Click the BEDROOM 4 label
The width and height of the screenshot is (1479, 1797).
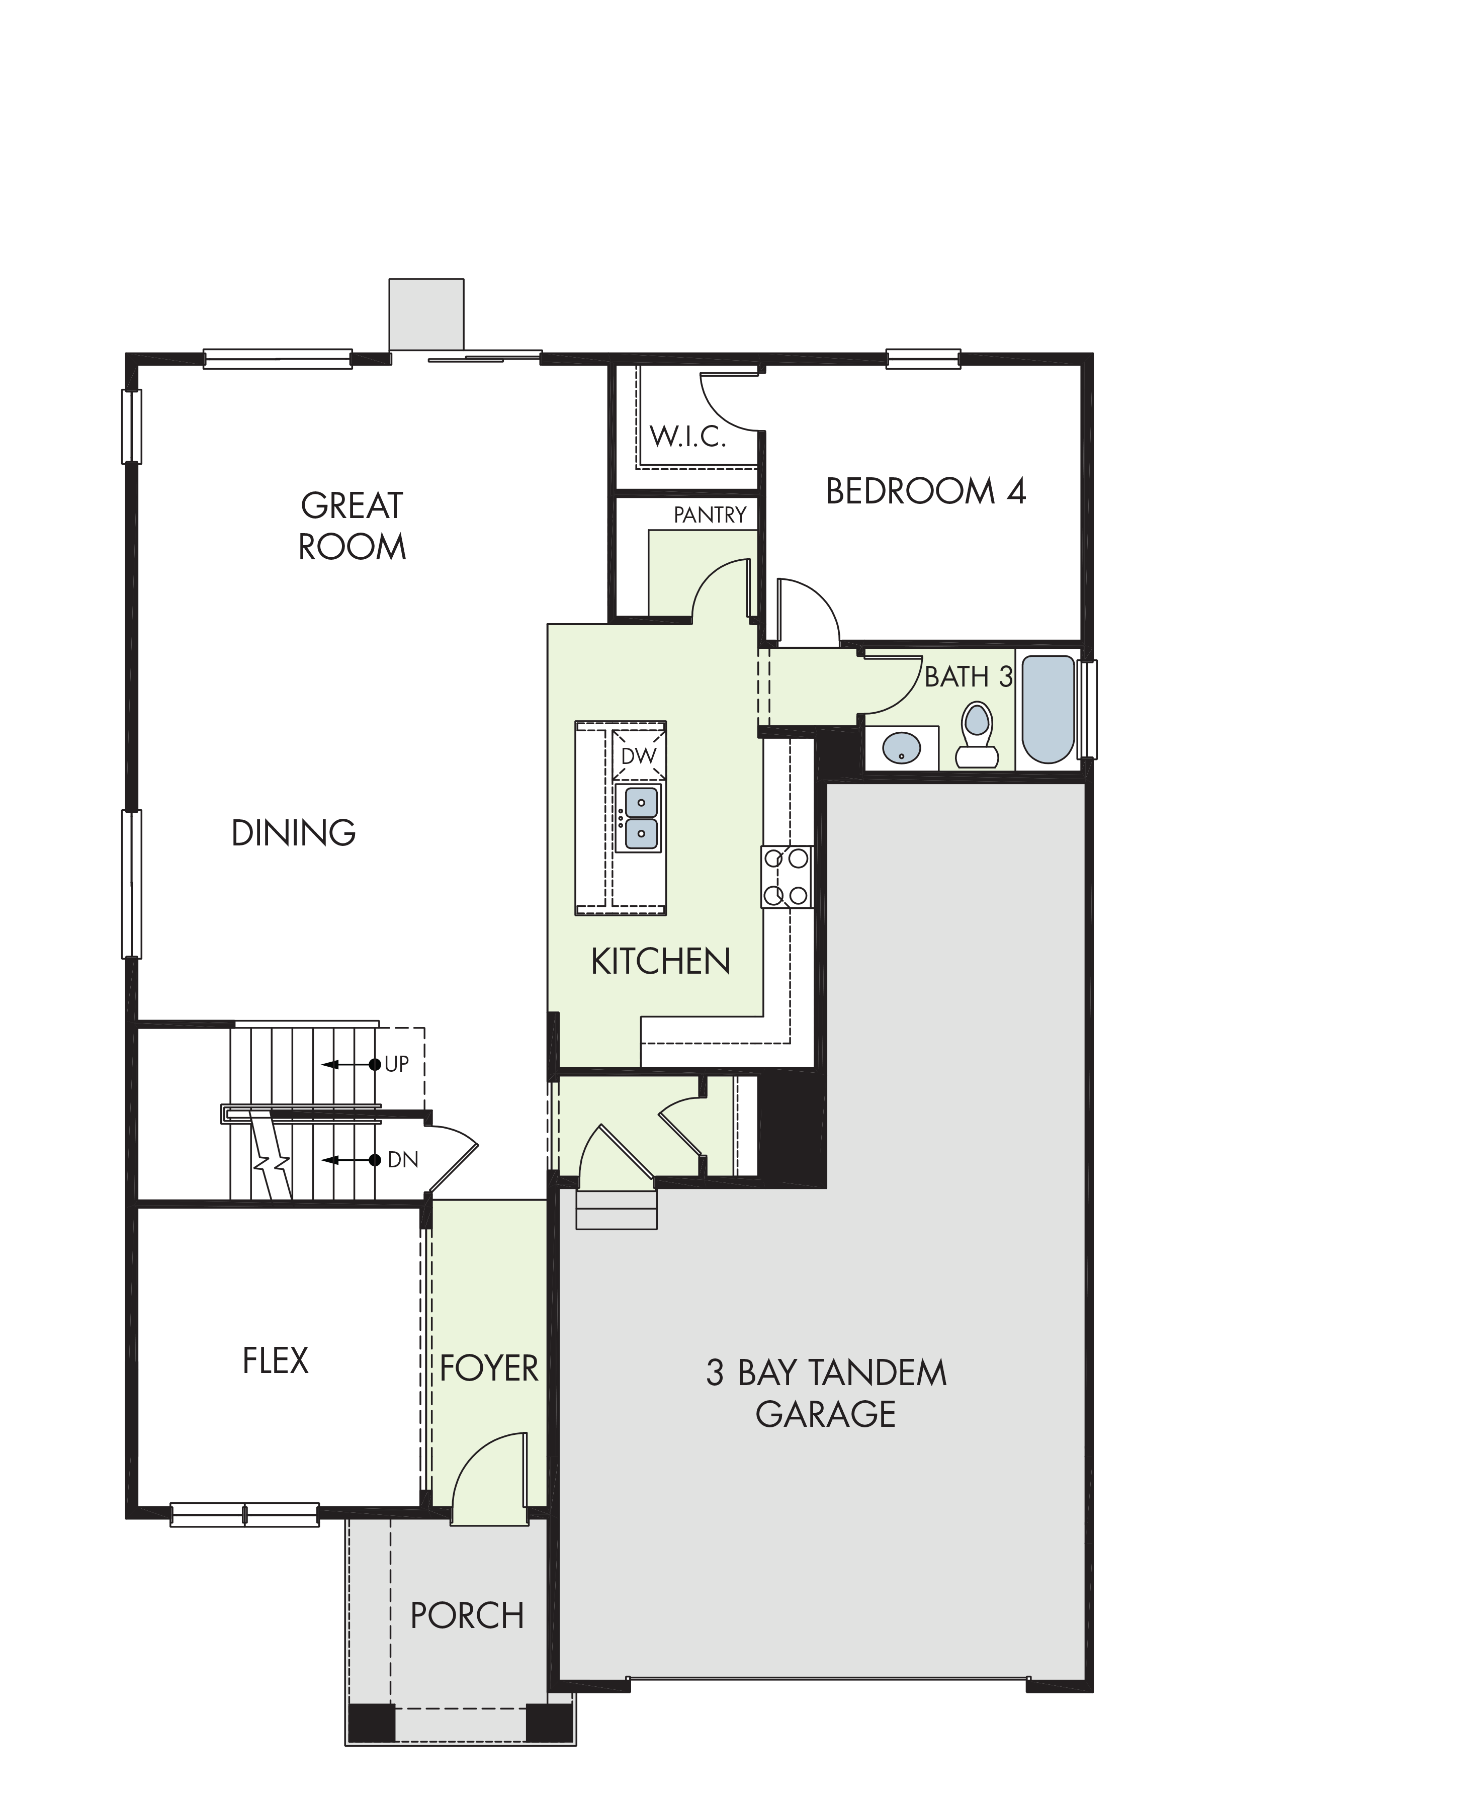(926, 492)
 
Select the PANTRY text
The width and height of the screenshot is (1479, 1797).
(710, 515)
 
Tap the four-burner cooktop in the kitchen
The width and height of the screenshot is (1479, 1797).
(787, 877)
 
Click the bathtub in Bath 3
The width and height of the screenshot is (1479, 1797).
(1048, 709)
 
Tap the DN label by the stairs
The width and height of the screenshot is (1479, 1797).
(403, 1160)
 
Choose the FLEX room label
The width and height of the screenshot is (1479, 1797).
(275, 1361)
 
